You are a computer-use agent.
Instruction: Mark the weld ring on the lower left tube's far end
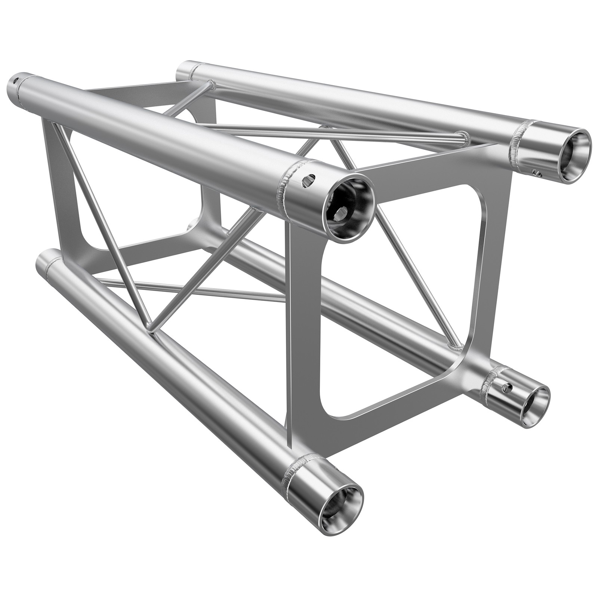(x=50, y=264)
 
